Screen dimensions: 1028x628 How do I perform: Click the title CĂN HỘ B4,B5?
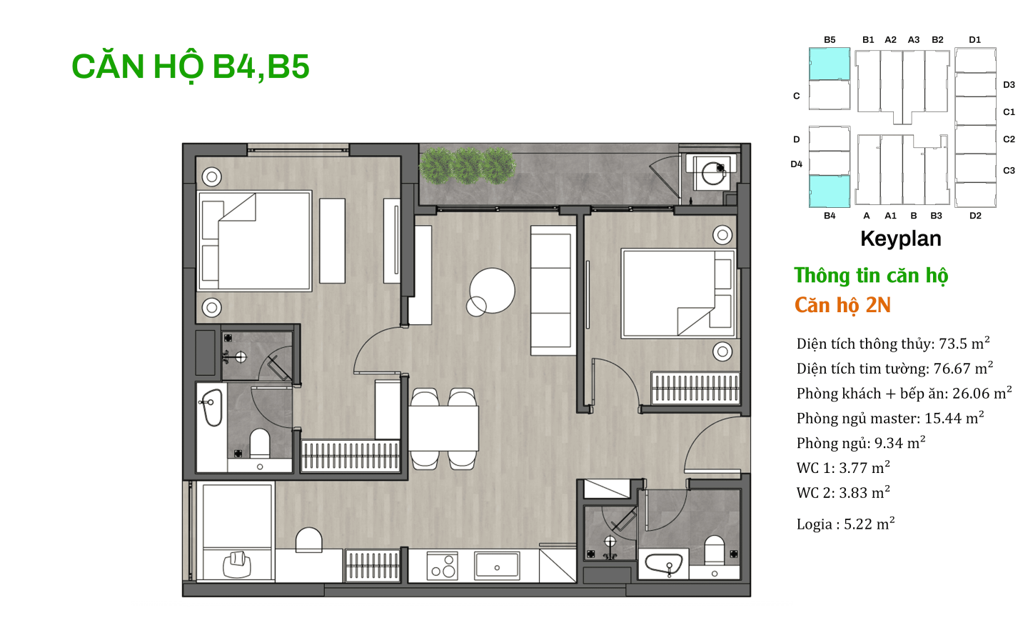click(x=191, y=67)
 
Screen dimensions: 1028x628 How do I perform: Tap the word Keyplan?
click(x=900, y=239)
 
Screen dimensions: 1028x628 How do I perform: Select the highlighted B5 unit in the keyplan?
click(x=830, y=64)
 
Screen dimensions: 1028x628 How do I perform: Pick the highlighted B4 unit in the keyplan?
click(x=830, y=191)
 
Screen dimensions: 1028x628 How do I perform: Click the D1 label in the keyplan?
click(x=974, y=40)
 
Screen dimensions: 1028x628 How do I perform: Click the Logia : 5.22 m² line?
click(x=846, y=524)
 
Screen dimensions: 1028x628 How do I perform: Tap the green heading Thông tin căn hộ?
click(x=871, y=276)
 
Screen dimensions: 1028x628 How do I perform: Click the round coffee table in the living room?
click(x=492, y=290)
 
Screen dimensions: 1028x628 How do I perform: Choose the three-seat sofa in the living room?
click(x=553, y=290)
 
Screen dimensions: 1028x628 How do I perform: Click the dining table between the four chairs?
click(x=443, y=429)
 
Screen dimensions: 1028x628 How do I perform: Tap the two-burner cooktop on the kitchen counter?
click(x=443, y=566)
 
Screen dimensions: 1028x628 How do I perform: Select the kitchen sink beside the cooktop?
click(x=497, y=565)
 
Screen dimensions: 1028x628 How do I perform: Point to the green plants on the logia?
click(x=467, y=165)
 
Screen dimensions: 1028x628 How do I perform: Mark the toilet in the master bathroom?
click(x=260, y=444)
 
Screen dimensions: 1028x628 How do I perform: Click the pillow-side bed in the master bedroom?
click(x=255, y=241)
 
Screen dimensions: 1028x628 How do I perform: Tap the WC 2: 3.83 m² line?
click(x=843, y=492)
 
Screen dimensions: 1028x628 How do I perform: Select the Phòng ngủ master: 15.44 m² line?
click(x=890, y=418)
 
